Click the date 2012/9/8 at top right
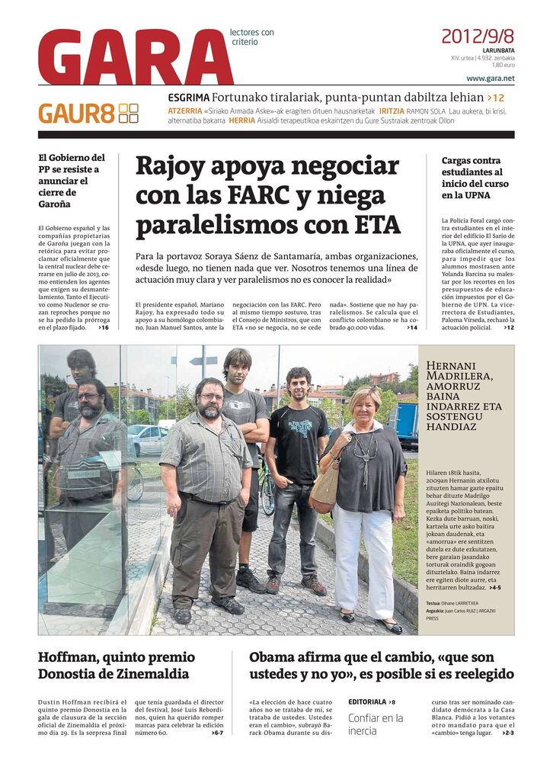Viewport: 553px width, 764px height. click(x=477, y=36)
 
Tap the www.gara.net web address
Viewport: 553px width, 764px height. click(x=490, y=79)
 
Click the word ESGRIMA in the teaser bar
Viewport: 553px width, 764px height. click(x=188, y=98)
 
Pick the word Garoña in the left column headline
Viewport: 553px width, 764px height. click(x=55, y=204)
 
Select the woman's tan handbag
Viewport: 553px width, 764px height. click(x=324, y=489)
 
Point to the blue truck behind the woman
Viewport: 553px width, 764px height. click(x=404, y=424)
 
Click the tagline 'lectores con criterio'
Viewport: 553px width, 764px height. click(x=252, y=37)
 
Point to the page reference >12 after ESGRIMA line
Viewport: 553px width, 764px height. click(x=496, y=98)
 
